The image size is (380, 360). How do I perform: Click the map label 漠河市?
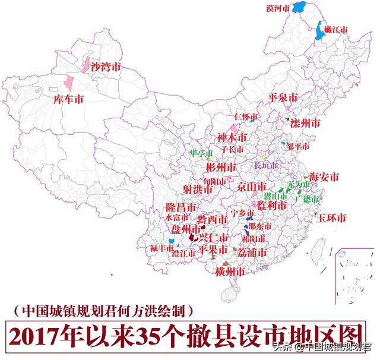(278, 8)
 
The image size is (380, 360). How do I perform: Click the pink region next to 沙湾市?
(87, 65)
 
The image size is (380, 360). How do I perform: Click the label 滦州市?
(305, 123)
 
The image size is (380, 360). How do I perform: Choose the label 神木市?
(231, 137)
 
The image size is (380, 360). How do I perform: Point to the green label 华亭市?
(201, 153)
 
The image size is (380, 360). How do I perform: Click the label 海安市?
(324, 177)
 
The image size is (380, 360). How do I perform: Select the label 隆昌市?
(181, 208)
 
